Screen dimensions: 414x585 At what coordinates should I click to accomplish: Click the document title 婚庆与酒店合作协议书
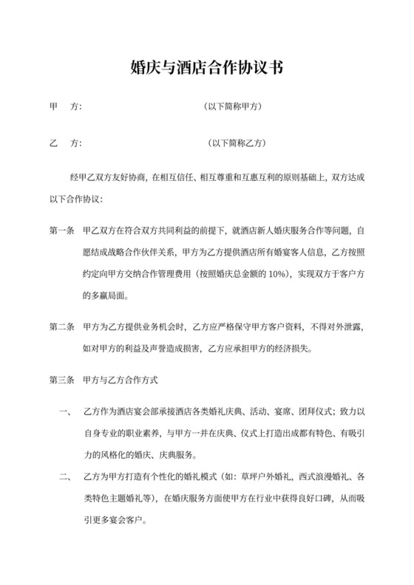(207, 69)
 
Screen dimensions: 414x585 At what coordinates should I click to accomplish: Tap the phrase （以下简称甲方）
(233, 106)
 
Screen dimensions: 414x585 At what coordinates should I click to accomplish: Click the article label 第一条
(61, 230)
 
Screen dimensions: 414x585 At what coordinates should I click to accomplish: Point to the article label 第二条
(61, 325)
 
